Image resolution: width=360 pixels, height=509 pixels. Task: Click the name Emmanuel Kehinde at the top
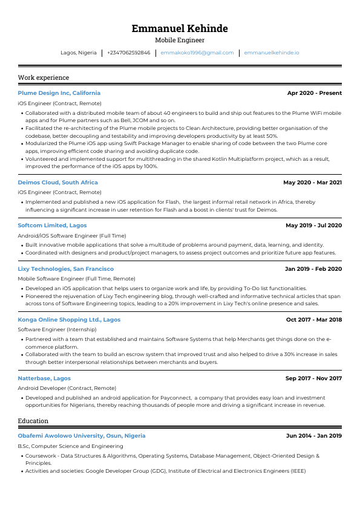coord(180,28)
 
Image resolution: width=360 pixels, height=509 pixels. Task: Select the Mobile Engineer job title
coord(180,41)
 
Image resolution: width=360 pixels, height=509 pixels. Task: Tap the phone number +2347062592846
coord(128,53)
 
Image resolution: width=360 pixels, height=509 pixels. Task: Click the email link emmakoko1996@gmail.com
coord(197,53)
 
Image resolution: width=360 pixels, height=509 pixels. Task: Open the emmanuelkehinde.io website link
coord(271,53)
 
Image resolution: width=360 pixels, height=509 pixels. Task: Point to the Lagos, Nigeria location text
coord(79,53)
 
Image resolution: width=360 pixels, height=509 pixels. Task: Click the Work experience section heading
coord(44,77)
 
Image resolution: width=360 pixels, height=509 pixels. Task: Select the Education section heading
coord(33,421)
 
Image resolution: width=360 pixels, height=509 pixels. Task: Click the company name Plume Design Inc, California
coord(59,93)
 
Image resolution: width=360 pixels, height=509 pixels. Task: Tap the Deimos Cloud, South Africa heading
coord(57,182)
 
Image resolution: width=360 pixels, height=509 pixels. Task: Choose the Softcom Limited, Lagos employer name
coord(52,225)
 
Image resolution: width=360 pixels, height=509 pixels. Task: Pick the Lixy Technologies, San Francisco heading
coord(65,268)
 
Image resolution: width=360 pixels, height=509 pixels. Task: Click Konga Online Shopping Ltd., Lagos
coord(69,319)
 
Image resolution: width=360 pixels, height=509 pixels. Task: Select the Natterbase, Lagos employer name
coord(44,378)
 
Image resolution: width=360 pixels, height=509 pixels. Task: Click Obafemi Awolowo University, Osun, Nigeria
coord(82,435)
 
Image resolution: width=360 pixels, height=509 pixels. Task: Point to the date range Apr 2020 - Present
coord(314,93)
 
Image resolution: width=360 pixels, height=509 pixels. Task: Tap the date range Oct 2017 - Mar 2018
coord(313,319)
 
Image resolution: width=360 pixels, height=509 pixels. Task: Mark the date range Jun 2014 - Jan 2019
coord(313,435)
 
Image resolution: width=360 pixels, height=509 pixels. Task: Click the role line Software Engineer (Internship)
coord(53,329)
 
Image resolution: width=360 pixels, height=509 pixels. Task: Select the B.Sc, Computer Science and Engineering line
coord(70,446)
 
